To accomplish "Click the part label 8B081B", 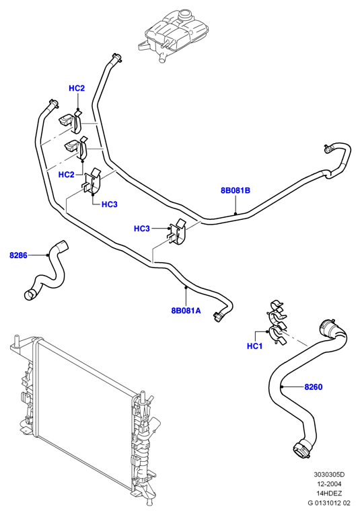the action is tap(236, 190).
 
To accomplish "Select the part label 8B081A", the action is tap(186, 311).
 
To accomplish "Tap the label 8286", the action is tap(18, 255).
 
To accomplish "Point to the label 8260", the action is tap(313, 387).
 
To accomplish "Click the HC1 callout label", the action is tap(254, 346).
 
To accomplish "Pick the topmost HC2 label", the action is tap(77, 88).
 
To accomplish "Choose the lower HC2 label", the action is tap(66, 174).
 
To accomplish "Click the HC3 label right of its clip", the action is tap(109, 204).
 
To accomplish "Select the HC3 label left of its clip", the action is tap(141, 229).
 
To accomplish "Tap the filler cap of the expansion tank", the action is tap(185, 15).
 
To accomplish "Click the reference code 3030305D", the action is tap(329, 475).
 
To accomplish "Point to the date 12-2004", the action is tap(329, 484).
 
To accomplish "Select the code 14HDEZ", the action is tap(329, 493).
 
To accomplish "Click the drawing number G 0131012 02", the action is tap(329, 503).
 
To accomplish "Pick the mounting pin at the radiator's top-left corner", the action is tap(15, 341).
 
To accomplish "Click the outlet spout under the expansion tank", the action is tap(161, 58).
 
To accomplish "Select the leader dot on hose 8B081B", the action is tap(236, 213).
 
